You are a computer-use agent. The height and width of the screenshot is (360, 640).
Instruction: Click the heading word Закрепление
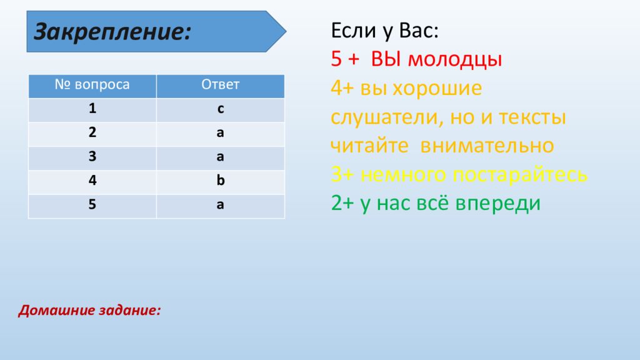point(112,30)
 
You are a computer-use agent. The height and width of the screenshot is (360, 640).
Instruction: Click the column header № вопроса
point(92,86)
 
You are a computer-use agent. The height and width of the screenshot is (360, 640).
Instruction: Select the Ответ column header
point(220,86)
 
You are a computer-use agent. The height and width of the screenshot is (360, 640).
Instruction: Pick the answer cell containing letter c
point(220,109)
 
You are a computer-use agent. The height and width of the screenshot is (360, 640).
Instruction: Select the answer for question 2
point(220,133)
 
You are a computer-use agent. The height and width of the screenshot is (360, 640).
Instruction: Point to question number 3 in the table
point(92,157)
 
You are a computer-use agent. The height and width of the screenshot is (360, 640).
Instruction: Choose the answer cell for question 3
point(220,157)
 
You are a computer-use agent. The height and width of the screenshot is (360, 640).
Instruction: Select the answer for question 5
point(220,205)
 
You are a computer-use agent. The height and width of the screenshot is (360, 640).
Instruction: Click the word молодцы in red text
point(455,59)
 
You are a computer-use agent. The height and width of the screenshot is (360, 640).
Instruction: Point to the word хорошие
point(437,89)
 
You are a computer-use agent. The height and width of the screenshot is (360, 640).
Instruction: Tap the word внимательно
point(487,146)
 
